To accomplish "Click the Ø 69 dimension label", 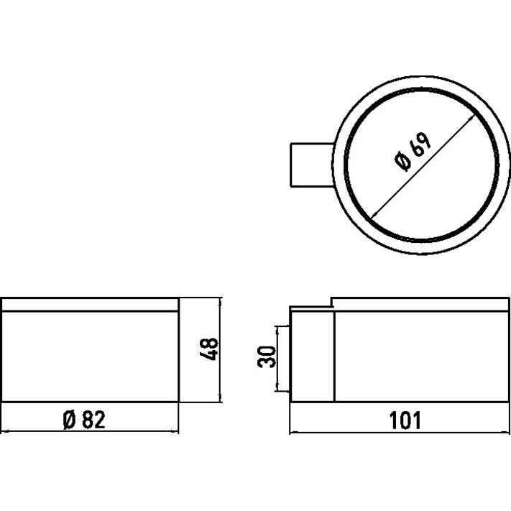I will click(413, 152).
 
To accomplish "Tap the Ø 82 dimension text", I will click(84, 419).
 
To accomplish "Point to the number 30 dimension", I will click(267, 357).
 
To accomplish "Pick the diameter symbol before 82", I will click(70, 419).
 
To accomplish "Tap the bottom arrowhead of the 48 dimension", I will click(220, 398).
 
